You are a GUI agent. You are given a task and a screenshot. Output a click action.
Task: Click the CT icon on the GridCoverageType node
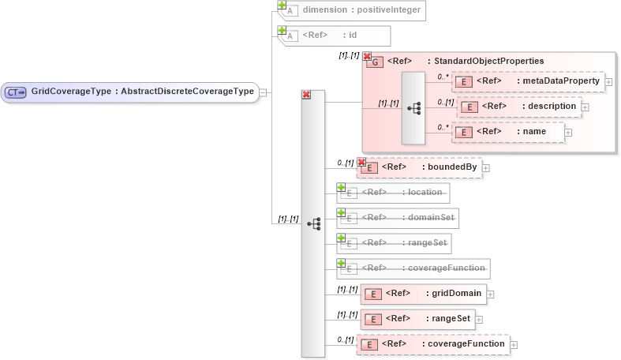tap(16, 92)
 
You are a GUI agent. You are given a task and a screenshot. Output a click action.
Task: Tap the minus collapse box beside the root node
tap(263, 92)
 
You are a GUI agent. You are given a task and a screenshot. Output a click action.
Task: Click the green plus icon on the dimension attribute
tap(282, 5)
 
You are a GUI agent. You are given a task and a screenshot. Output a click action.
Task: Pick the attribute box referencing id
tap(335, 36)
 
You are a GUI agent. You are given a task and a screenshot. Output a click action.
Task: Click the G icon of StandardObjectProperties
tap(375, 62)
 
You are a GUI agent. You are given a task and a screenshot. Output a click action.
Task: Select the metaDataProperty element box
tap(528, 81)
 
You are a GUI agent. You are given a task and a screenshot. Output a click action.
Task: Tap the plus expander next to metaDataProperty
tap(608, 82)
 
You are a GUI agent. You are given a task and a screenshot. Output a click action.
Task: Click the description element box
tap(519, 106)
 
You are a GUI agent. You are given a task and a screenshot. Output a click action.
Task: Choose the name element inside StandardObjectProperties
tap(509, 132)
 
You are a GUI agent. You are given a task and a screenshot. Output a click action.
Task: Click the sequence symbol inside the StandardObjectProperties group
tap(413, 108)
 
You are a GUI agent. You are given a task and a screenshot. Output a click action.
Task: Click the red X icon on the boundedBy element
tap(361, 162)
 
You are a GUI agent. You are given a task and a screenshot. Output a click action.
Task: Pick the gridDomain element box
tap(423, 294)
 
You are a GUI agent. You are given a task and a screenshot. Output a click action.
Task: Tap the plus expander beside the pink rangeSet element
tap(478, 320)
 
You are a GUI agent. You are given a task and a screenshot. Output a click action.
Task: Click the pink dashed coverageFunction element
tap(433, 344)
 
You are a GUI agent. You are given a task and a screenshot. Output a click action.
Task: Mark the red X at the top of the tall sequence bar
tap(306, 95)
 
